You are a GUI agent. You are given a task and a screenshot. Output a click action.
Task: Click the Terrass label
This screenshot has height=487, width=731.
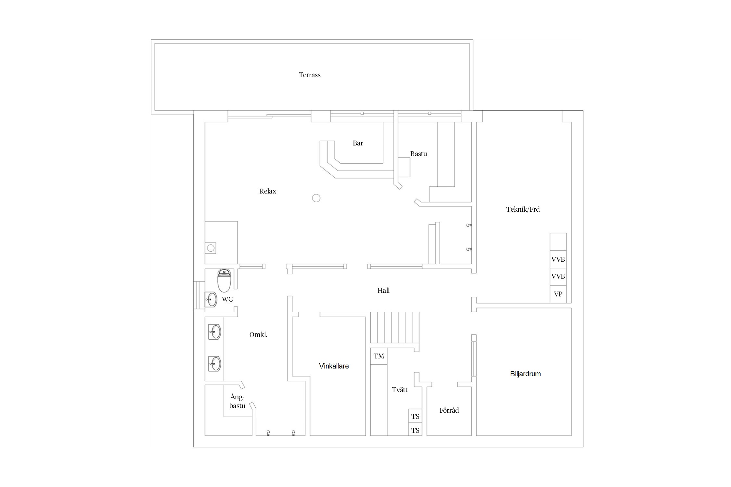(x=310, y=75)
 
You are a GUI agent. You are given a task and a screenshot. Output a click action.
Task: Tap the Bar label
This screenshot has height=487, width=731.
(x=358, y=143)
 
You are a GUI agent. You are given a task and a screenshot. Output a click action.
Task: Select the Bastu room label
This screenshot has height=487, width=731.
(x=418, y=154)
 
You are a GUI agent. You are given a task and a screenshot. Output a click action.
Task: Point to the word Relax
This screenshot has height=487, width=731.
(x=268, y=191)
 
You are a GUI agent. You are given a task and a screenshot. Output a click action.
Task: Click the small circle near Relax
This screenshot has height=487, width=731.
(x=316, y=198)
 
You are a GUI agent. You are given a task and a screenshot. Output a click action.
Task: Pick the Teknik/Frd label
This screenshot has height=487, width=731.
(x=523, y=209)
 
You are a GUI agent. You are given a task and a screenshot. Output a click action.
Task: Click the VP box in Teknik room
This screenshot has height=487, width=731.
(x=558, y=294)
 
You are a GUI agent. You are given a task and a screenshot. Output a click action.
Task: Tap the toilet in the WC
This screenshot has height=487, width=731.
(x=224, y=281)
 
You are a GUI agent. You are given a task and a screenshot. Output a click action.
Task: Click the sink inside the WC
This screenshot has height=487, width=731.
(x=211, y=299)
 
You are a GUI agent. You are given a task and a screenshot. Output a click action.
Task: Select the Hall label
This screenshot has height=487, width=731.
(x=383, y=291)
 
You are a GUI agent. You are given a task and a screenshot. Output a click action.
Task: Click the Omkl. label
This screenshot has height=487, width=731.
(x=258, y=335)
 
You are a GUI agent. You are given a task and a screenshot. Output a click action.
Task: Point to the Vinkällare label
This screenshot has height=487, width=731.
(x=334, y=366)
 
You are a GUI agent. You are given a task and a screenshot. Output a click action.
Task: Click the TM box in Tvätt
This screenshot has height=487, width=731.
(x=379, y=356)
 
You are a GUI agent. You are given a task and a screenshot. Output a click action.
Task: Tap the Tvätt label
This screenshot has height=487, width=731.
(x=400, y=390)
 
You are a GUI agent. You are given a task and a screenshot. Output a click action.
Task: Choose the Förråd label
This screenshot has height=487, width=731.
(x=449, y=410)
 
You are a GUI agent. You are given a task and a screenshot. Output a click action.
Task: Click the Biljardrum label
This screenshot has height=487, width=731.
(x=525, y=374)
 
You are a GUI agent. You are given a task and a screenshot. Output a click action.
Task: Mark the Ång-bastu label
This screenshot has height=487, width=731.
(x=237, y=402)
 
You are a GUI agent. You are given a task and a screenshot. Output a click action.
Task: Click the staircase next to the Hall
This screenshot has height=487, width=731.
(x=395, y=328)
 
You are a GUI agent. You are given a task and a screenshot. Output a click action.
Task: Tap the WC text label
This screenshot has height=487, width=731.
(x=227, y=299)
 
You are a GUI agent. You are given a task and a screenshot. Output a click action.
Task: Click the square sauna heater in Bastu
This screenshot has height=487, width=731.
(x=404, y=167)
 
